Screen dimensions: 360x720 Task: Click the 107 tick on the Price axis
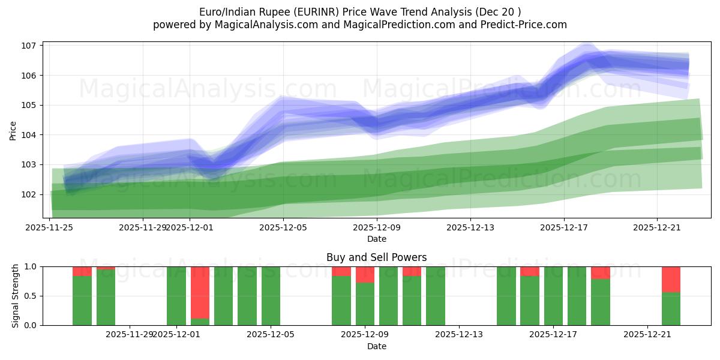[30, 46]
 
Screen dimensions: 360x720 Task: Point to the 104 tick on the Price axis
[30, 135]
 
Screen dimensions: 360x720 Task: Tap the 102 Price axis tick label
[30, 194]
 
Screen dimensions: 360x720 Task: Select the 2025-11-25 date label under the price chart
[49, 227]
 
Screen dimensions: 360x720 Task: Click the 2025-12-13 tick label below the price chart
[470, 227]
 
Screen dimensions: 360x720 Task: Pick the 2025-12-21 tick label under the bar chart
[647, 334]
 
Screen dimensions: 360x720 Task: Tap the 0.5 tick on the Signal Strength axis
[31, 296]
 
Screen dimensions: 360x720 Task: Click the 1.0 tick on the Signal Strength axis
[31, 266]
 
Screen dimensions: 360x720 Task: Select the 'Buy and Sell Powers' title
[376, 257]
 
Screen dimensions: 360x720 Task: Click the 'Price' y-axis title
[13, 130]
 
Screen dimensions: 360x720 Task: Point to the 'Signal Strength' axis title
[16, 296]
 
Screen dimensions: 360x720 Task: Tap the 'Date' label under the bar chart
[376, 346]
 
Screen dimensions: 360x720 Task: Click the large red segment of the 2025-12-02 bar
[200, 292]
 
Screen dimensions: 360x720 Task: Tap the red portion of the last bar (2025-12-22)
[671, 279]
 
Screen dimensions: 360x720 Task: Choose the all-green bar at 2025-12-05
[271, 296]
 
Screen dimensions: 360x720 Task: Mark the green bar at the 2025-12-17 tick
[553, 296]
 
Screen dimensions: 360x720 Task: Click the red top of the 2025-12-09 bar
[365, 274]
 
